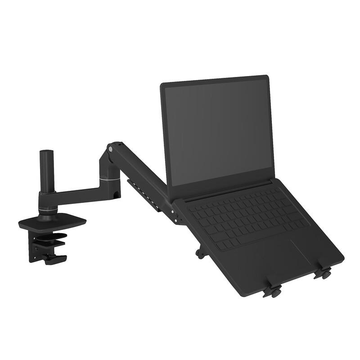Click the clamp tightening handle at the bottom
click(55, 259)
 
